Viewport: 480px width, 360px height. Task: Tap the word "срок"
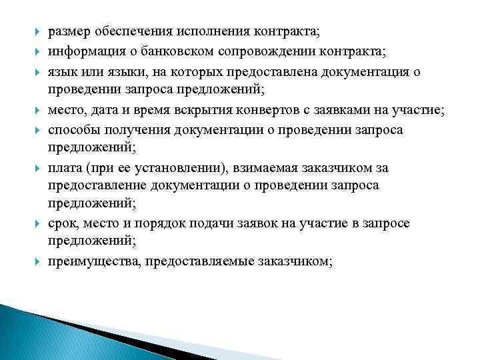click(61, 223)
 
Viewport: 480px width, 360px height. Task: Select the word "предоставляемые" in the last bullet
click(195, 261)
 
